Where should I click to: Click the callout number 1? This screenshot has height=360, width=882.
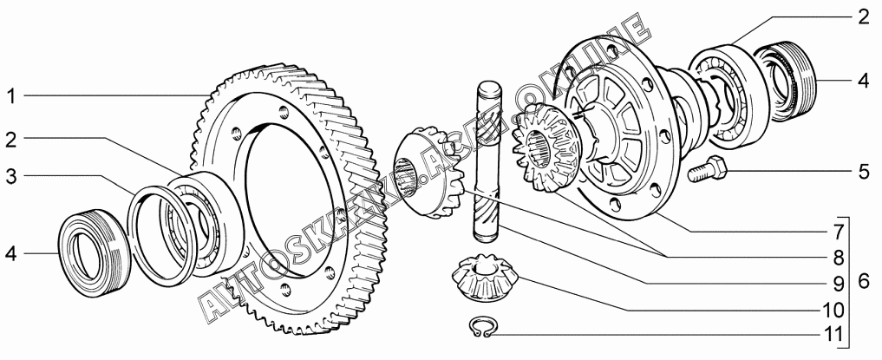pyautogui.click(x=11, y=96)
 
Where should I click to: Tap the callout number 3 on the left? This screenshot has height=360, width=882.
pyautogui.click(x=11, y=176)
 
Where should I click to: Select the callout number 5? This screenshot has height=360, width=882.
pyautogui.click(x=864, y=172)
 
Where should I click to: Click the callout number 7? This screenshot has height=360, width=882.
pyautogui.click(x=839, y=232)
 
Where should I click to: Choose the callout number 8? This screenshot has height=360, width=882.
pyautogui.click(x=839, y=258)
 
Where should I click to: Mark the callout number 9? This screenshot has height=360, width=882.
pyautogui.click(x=839, y=284)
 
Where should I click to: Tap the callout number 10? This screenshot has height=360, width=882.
pyautogui.click(x=833, y=310)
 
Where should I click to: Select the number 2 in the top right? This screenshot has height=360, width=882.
pyautogui.click(x=864, y=17)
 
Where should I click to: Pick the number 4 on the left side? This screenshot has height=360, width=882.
pyautogui.click(x=11, y=254)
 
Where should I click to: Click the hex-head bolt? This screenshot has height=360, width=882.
pyautogui.click(x=707, y=169)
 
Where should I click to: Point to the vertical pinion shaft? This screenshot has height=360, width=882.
pyautogui.click(x=488, y=162)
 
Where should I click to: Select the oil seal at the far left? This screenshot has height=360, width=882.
pyautogui.click(x=95, y=253)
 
